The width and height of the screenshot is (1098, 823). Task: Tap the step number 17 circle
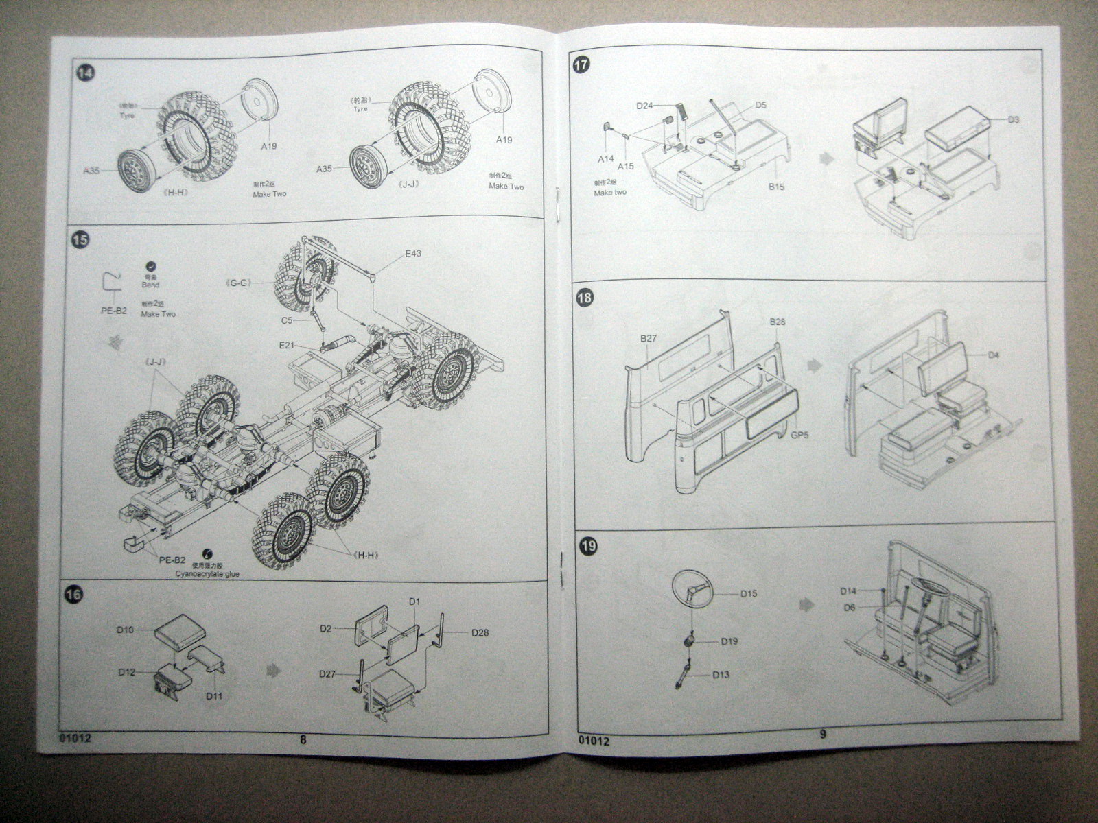tap(581, 67)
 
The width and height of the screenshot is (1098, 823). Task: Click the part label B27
tap(649, 338)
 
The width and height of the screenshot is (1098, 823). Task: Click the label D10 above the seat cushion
tap(124, 630)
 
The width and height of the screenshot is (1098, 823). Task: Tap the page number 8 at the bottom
tap(303, 739)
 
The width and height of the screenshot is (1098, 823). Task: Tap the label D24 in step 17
tap(644, 106)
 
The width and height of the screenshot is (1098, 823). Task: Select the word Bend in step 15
tap(150, 285)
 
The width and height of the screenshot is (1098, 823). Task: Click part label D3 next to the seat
tap(1014, 119)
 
